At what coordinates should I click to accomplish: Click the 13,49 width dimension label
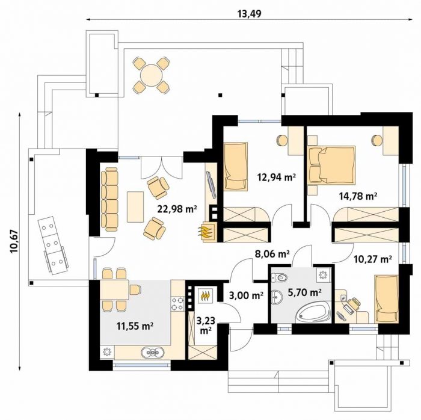tap(249, 14)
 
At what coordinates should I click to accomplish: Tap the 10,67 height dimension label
tap(14, 241)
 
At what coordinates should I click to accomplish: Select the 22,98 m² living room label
tap(177, 208)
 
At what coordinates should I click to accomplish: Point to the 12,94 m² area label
tap(276, 177)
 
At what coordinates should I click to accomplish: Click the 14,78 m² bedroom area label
tap(358, 196)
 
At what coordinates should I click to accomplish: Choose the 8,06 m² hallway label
tap(272, 253)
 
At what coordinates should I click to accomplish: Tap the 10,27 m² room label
tap(372, 259)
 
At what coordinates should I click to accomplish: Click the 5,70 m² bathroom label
tap(305, 292)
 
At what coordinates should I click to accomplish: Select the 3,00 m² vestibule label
tap(246, 295)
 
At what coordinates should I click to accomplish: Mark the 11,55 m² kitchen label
tap(135, 326)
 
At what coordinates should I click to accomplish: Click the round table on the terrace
tap(152, 75)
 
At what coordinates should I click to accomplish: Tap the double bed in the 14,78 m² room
tap(332, 165)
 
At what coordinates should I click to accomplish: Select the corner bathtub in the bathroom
tap(313, 313)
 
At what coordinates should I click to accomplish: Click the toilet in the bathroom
tap(279, 277)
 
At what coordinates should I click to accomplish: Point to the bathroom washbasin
tap(276, 297)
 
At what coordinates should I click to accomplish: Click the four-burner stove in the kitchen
tap(178, 303)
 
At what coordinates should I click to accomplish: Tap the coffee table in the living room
tap(135, 207)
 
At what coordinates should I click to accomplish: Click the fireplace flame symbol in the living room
tap(207, 232)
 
